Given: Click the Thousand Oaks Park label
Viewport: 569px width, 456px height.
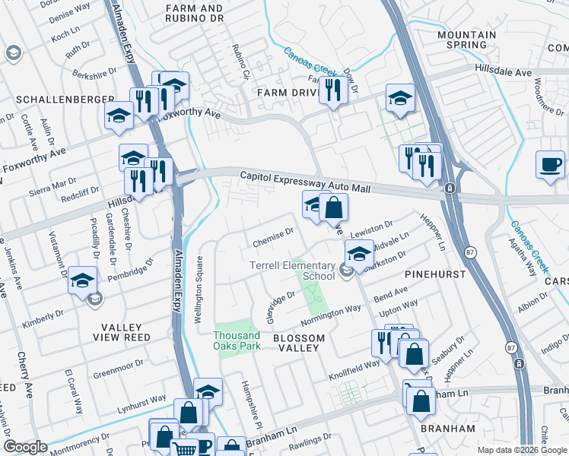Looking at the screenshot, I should tap(237, 340).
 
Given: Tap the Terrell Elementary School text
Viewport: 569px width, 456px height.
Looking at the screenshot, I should tap(293, 271).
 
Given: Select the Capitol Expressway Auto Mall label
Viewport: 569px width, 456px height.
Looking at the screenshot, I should tap(304, 181).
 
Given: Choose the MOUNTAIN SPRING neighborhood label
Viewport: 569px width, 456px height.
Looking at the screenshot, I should tap(467, 40).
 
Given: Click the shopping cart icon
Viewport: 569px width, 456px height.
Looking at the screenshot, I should tap(184, 448).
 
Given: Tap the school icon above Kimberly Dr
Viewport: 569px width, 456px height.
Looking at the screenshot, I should tap(82, 280).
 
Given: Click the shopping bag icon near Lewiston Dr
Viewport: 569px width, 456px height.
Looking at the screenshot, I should tap(333, 207).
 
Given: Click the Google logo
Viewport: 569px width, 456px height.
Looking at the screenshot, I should tap(25, 448).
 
